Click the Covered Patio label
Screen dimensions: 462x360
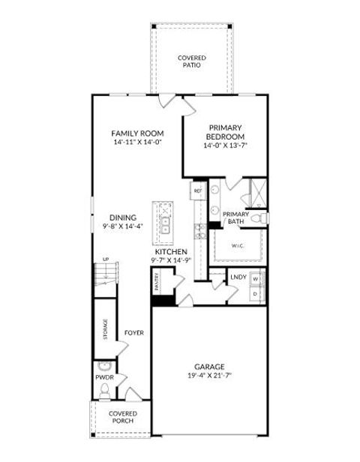click(192, 61)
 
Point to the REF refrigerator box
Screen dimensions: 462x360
click(198, 191)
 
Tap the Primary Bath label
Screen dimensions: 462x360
click(235, 217)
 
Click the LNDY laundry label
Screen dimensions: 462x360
click(238, 277)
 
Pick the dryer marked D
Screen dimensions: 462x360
click(256, 293)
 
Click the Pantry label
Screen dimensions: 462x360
click(157, 281)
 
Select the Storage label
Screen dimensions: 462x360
click(105, 330)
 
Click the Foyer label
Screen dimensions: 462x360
click(134, 331)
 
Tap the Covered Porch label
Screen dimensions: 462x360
click(122, 416)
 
